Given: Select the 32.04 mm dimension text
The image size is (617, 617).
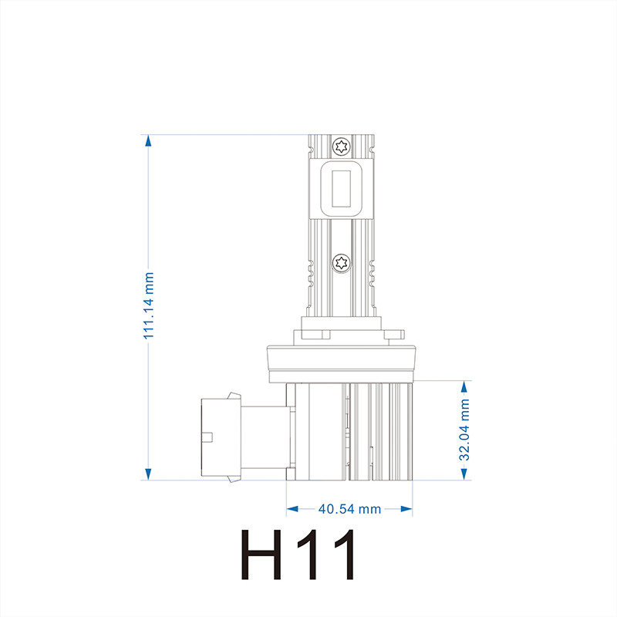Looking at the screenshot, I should click(x=464, y=430).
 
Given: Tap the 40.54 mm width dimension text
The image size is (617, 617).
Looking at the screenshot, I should click(x=349, y=509).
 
